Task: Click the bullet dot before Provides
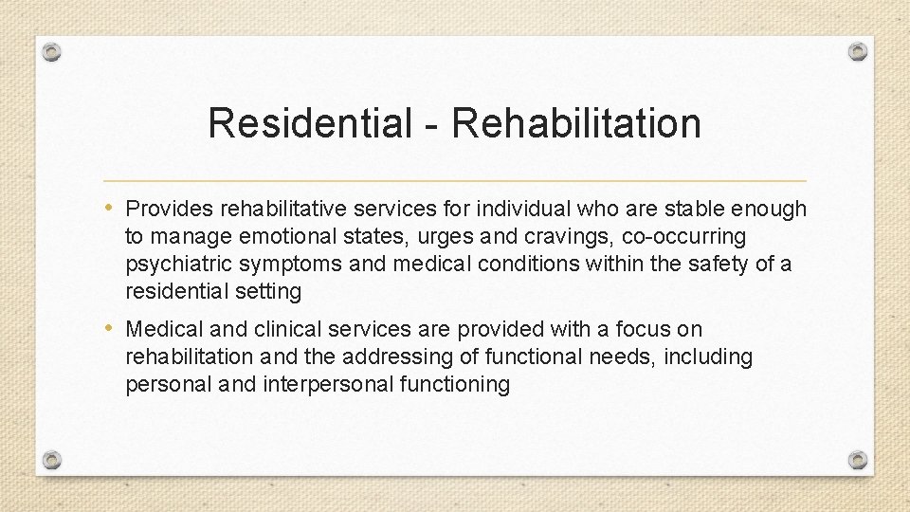(x=112, y=208)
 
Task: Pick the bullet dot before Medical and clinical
(x=112, y=329)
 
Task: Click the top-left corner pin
(x=52, y=51)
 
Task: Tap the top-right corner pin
(x=858, y=51)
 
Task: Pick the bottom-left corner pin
(x=52, y=460)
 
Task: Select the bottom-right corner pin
(x=858, y=460)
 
